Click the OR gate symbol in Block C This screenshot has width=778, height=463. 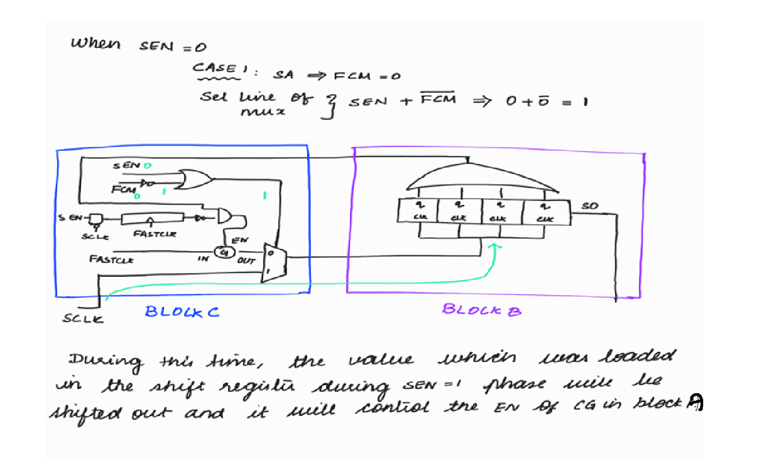(195, 179)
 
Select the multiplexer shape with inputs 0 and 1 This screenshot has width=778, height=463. (269, 263)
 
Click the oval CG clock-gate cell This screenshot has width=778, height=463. (223, 252)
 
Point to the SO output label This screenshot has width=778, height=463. (589, 206)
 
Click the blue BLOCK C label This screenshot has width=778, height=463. (182, 312)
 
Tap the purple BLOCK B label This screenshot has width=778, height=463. (481, 310)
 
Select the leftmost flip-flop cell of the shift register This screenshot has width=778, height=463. (419, 211)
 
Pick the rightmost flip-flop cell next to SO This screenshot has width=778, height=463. (545, 211)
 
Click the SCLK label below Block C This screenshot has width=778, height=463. (82, 318)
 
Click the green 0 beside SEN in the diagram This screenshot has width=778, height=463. (147, 166)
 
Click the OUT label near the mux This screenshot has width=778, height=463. (246, 260)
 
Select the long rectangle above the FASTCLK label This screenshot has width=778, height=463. (152, 219)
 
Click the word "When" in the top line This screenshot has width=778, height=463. (95, 43)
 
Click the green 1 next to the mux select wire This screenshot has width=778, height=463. (265, 195)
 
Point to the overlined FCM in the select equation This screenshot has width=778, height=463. (438, 99)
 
